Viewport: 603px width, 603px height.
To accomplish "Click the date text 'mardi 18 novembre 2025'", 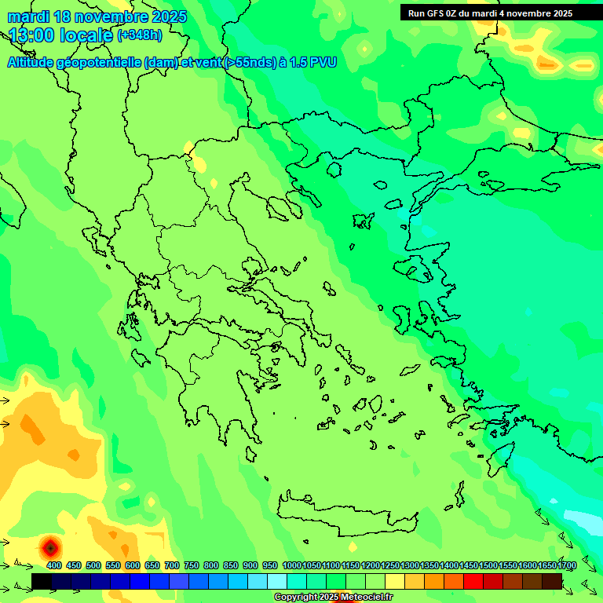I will point(97,16).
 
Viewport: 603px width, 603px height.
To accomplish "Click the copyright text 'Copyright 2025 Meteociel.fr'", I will point(333,598).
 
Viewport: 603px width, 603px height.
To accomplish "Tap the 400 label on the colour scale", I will point(54,566).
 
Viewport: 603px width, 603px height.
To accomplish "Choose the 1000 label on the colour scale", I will point(291,566).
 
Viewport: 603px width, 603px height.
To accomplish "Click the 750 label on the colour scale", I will point(191,566).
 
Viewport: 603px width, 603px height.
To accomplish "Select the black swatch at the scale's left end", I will point(42,581).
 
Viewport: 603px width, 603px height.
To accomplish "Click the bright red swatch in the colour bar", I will point(473,581).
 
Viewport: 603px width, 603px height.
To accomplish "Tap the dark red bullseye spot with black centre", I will point(50,546).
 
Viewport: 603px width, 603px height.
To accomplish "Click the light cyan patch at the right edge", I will point(584,521).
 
